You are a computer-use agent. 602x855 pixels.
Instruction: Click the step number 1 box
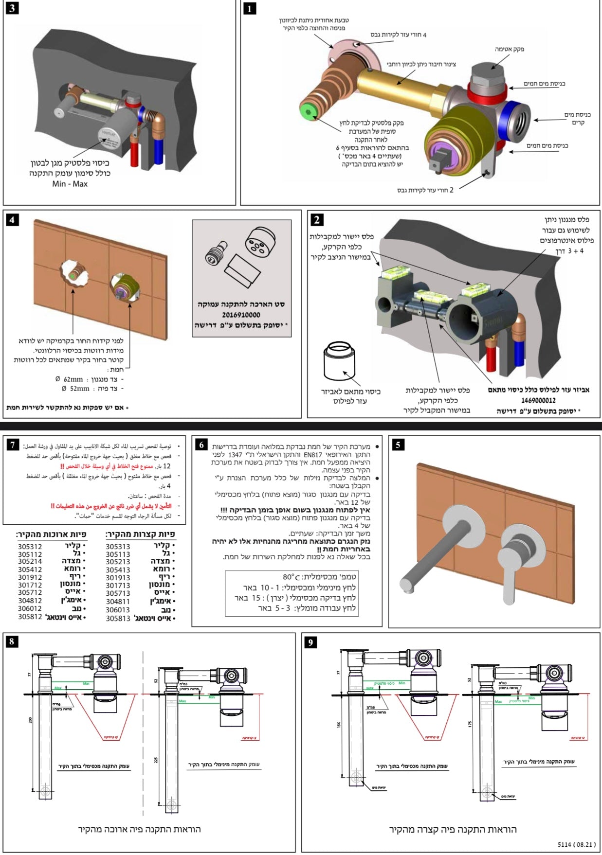point(249,9)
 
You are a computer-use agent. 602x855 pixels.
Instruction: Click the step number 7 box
point(13,445)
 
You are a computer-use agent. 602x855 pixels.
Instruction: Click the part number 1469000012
point(538,400)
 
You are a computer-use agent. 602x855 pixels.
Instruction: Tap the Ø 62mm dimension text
point(73,379)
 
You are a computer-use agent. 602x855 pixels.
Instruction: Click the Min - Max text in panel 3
point(70,184)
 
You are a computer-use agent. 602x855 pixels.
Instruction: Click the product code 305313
point(118,546)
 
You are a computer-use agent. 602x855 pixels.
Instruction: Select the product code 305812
point(30,617)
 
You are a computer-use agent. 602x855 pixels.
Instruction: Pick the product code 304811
point(118,602)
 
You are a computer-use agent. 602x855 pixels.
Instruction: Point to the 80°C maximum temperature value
point(292,577)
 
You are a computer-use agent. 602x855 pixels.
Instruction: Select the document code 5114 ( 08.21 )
point(577,844)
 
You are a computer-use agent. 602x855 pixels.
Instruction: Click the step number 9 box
point(310,642)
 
